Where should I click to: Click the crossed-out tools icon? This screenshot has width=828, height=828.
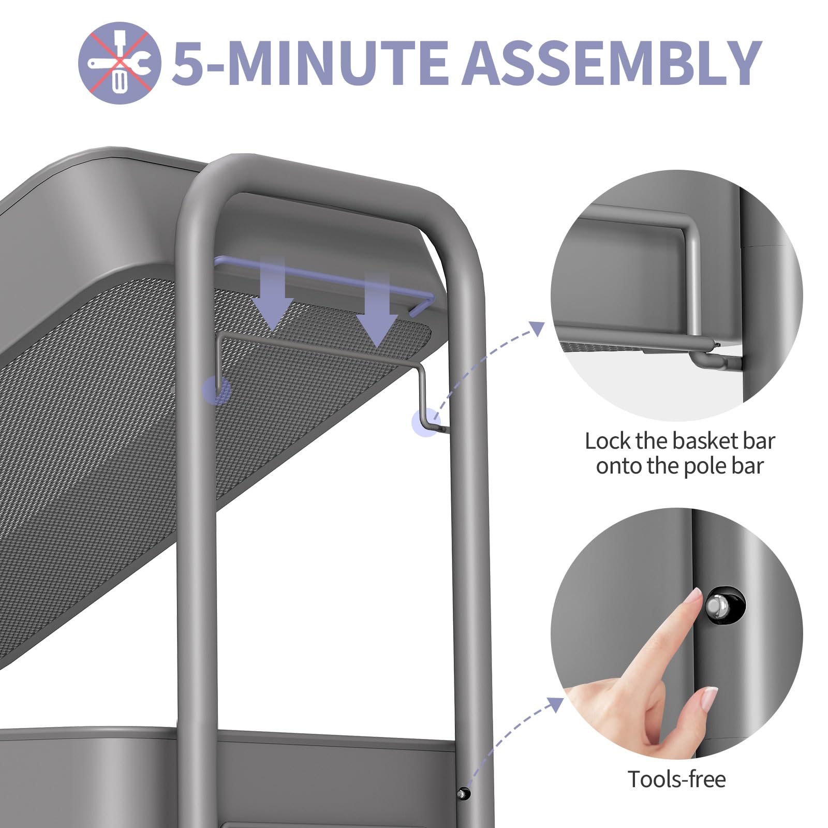[x=119, y=63]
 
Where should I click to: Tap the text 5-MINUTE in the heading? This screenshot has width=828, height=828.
[x=309, y=63]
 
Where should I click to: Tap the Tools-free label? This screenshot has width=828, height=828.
[x=676, y=779]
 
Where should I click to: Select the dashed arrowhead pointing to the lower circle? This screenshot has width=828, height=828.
[x=556, y=704]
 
